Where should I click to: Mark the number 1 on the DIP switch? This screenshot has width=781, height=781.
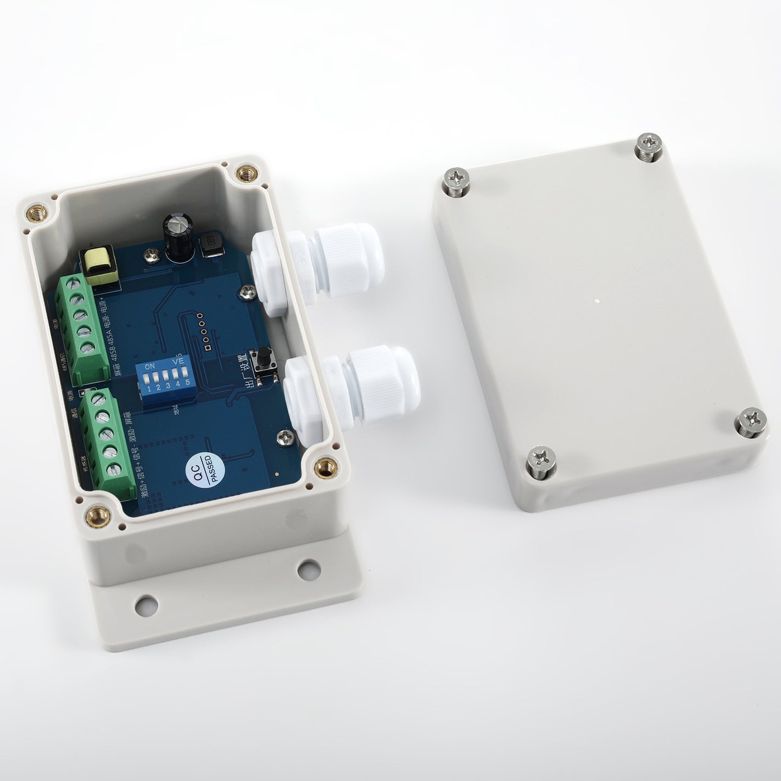[149, 389]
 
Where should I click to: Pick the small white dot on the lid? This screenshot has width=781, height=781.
[595, 300]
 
